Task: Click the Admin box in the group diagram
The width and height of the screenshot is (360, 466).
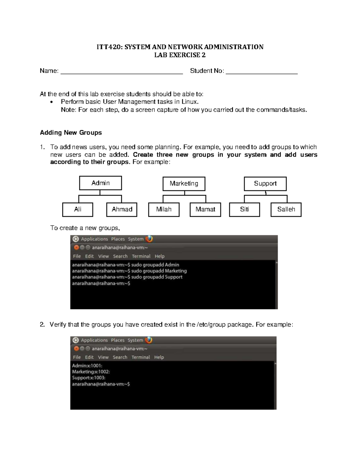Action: click(100, 183)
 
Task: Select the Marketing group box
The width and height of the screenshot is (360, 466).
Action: click(184, 184)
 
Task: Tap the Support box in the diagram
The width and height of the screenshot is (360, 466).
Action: click(265, 184)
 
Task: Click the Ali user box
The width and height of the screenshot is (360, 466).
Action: click(78, 209)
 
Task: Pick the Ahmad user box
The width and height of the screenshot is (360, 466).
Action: click(122, 209)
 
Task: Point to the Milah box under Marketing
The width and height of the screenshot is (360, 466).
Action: click(164, 209)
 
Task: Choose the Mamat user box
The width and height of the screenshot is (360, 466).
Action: click(205, 209)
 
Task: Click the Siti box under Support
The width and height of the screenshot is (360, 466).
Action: click(244, 209)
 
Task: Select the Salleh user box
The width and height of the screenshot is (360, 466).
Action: click(286, 209)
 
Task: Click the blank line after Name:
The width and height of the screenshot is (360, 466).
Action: click(121, 71)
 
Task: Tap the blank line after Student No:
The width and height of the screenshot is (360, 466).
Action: click(261, 71)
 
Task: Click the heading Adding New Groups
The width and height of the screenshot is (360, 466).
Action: click(71, 133)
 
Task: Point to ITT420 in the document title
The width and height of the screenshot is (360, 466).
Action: click(109, 47)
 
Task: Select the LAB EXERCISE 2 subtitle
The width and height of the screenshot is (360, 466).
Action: click(180, 55)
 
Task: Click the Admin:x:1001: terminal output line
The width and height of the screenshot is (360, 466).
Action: click(87, 366)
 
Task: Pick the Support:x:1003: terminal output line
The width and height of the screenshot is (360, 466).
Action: click(88, 378)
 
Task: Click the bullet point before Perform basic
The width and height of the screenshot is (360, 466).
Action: click(52, 102)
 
